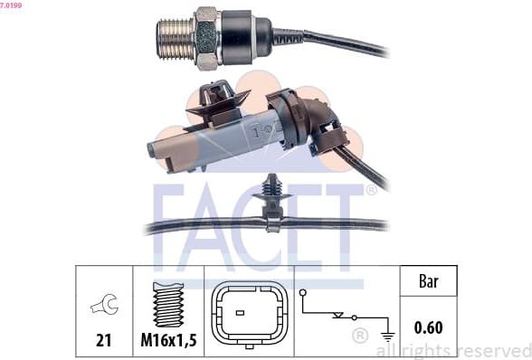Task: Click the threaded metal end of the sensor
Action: coord(176,39)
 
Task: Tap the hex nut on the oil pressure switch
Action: coord(206,38)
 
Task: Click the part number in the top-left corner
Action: coord(11,5)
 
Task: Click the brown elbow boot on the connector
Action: coord(306,118)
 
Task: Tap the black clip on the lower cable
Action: coord(271,203)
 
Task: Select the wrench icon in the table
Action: coord(105,304)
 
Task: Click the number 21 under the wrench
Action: coord(103,340)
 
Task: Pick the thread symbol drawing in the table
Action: coord(168,304)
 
